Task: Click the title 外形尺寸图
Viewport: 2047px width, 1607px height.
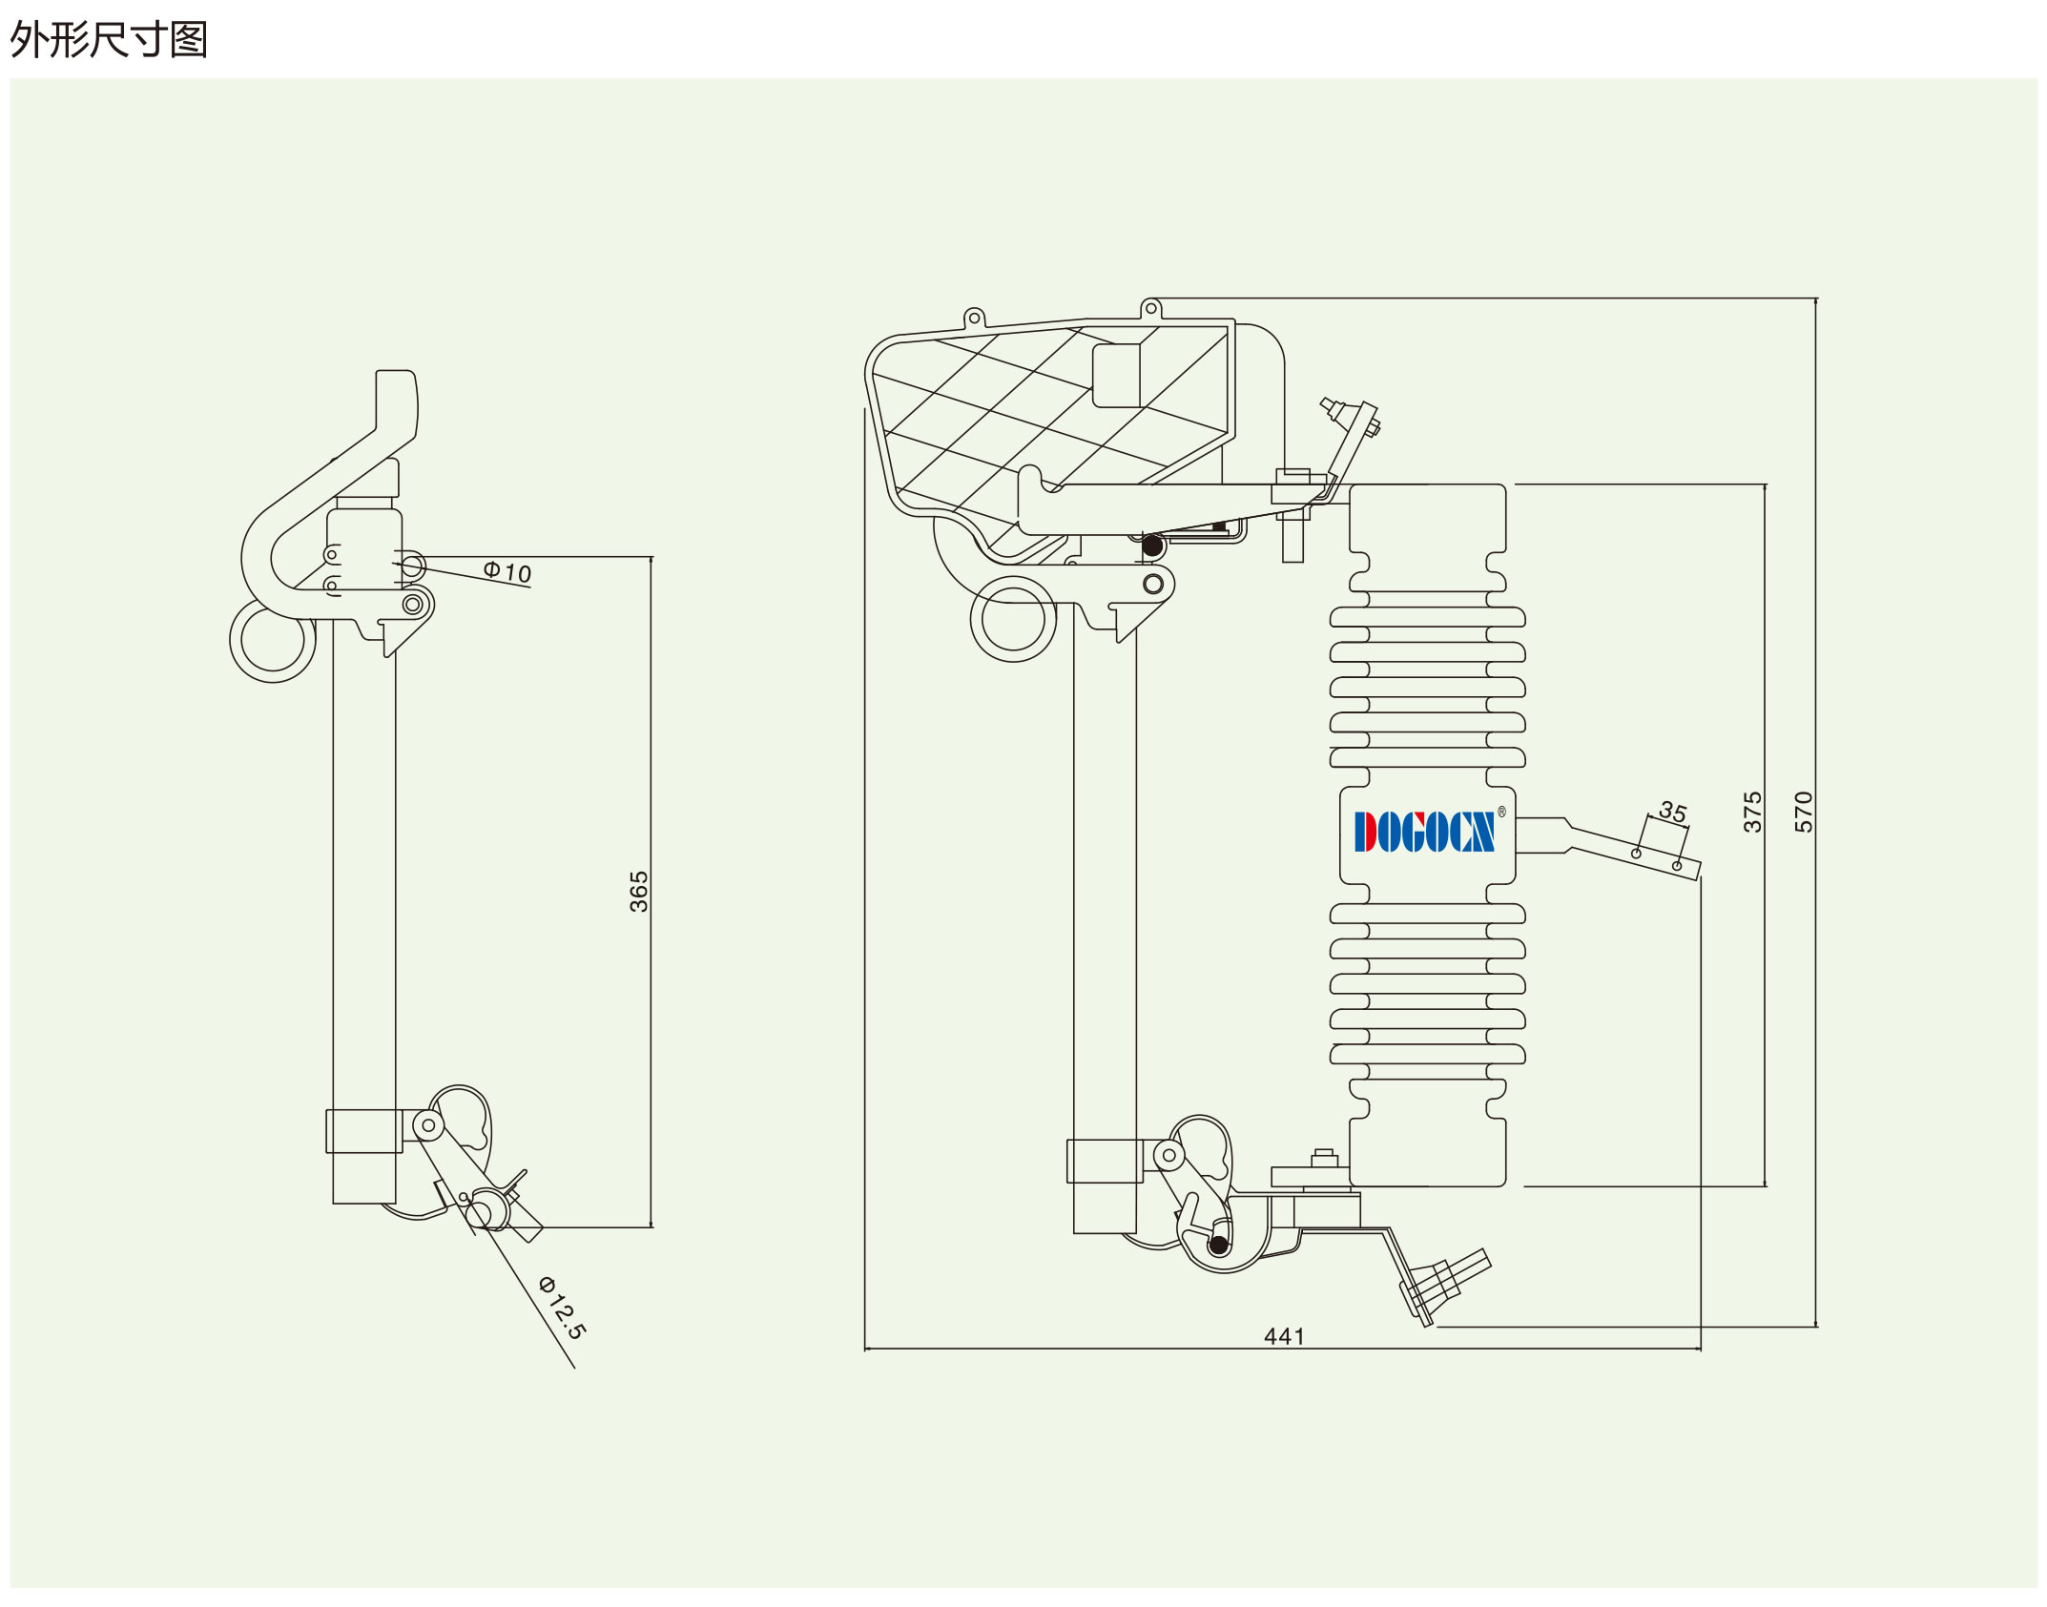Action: coord(109,40)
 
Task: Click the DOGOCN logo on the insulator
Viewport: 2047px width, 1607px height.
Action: coord(1424,832)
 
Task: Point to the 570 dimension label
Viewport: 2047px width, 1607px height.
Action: coord(1803,812)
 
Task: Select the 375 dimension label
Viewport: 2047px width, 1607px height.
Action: coord(1752,812)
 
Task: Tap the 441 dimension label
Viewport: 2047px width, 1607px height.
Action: coord(1284,1336)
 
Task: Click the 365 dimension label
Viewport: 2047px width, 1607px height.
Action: coord(638,891)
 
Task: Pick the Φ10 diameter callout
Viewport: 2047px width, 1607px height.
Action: coord(507,571)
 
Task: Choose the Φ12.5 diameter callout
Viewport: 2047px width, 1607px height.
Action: coord(563,1308)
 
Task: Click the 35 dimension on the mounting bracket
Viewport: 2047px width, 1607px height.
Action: coord(1673,812)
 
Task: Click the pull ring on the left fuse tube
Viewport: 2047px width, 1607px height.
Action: coord(273,639)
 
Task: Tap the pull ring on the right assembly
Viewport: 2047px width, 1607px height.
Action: coord(1013,619)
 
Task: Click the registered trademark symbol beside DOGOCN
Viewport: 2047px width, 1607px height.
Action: coord(1501,812)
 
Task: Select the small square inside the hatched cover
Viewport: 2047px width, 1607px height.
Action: coord(1116,375)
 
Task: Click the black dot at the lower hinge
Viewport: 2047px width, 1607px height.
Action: coord(1219,1245)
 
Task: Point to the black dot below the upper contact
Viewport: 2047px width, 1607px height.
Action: coord(1152,546)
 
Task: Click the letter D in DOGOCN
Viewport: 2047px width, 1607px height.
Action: coord(1366,832)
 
